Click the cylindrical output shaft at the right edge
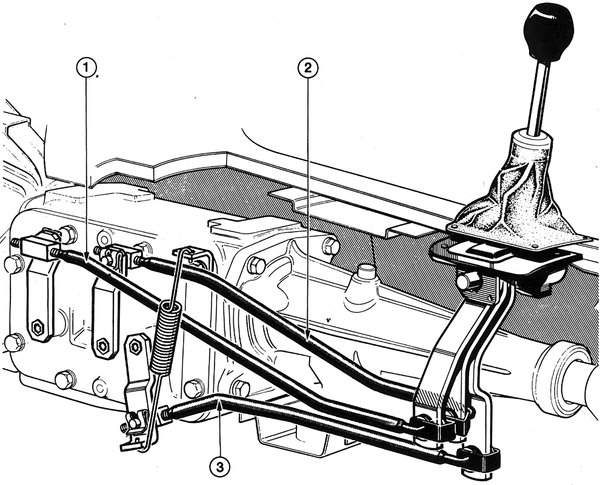coord(567,376)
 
